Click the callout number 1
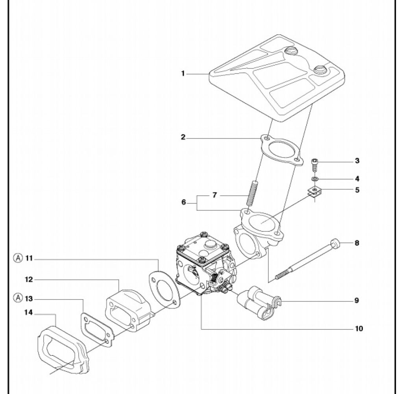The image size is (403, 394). pos(183,74)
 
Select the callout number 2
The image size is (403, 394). pos(183,137)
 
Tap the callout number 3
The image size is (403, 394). pos(357,161)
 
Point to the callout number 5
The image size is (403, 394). pos(357,190)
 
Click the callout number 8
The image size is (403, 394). pos(357,243)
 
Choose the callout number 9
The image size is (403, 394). pos(357,300)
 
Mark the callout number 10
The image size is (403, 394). pos(359,328)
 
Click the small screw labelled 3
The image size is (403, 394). pos(315,164)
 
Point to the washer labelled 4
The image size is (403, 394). pos(315,179)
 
